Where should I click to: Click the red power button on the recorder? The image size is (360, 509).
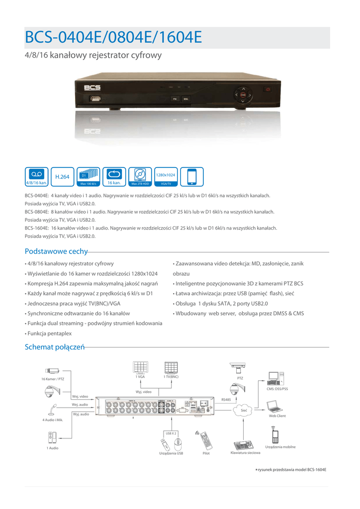[268, 89]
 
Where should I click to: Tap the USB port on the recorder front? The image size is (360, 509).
[96, 98]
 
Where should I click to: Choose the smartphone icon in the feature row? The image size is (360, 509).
[191, 176]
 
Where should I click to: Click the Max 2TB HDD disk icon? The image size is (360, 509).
[140, 176]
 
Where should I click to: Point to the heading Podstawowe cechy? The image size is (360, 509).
[56, 252]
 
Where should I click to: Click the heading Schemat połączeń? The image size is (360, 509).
[55, 346]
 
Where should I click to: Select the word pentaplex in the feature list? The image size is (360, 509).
[61, 333]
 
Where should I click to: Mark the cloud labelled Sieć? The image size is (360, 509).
[243, 410]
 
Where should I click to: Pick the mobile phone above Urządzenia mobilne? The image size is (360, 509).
[274, 435]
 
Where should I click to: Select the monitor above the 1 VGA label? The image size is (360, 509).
[140, 367]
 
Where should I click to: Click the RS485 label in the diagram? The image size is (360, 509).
[226, 399]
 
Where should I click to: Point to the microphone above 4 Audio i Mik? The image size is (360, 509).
[52, 410]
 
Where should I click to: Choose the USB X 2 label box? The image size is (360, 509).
[171, 433]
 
